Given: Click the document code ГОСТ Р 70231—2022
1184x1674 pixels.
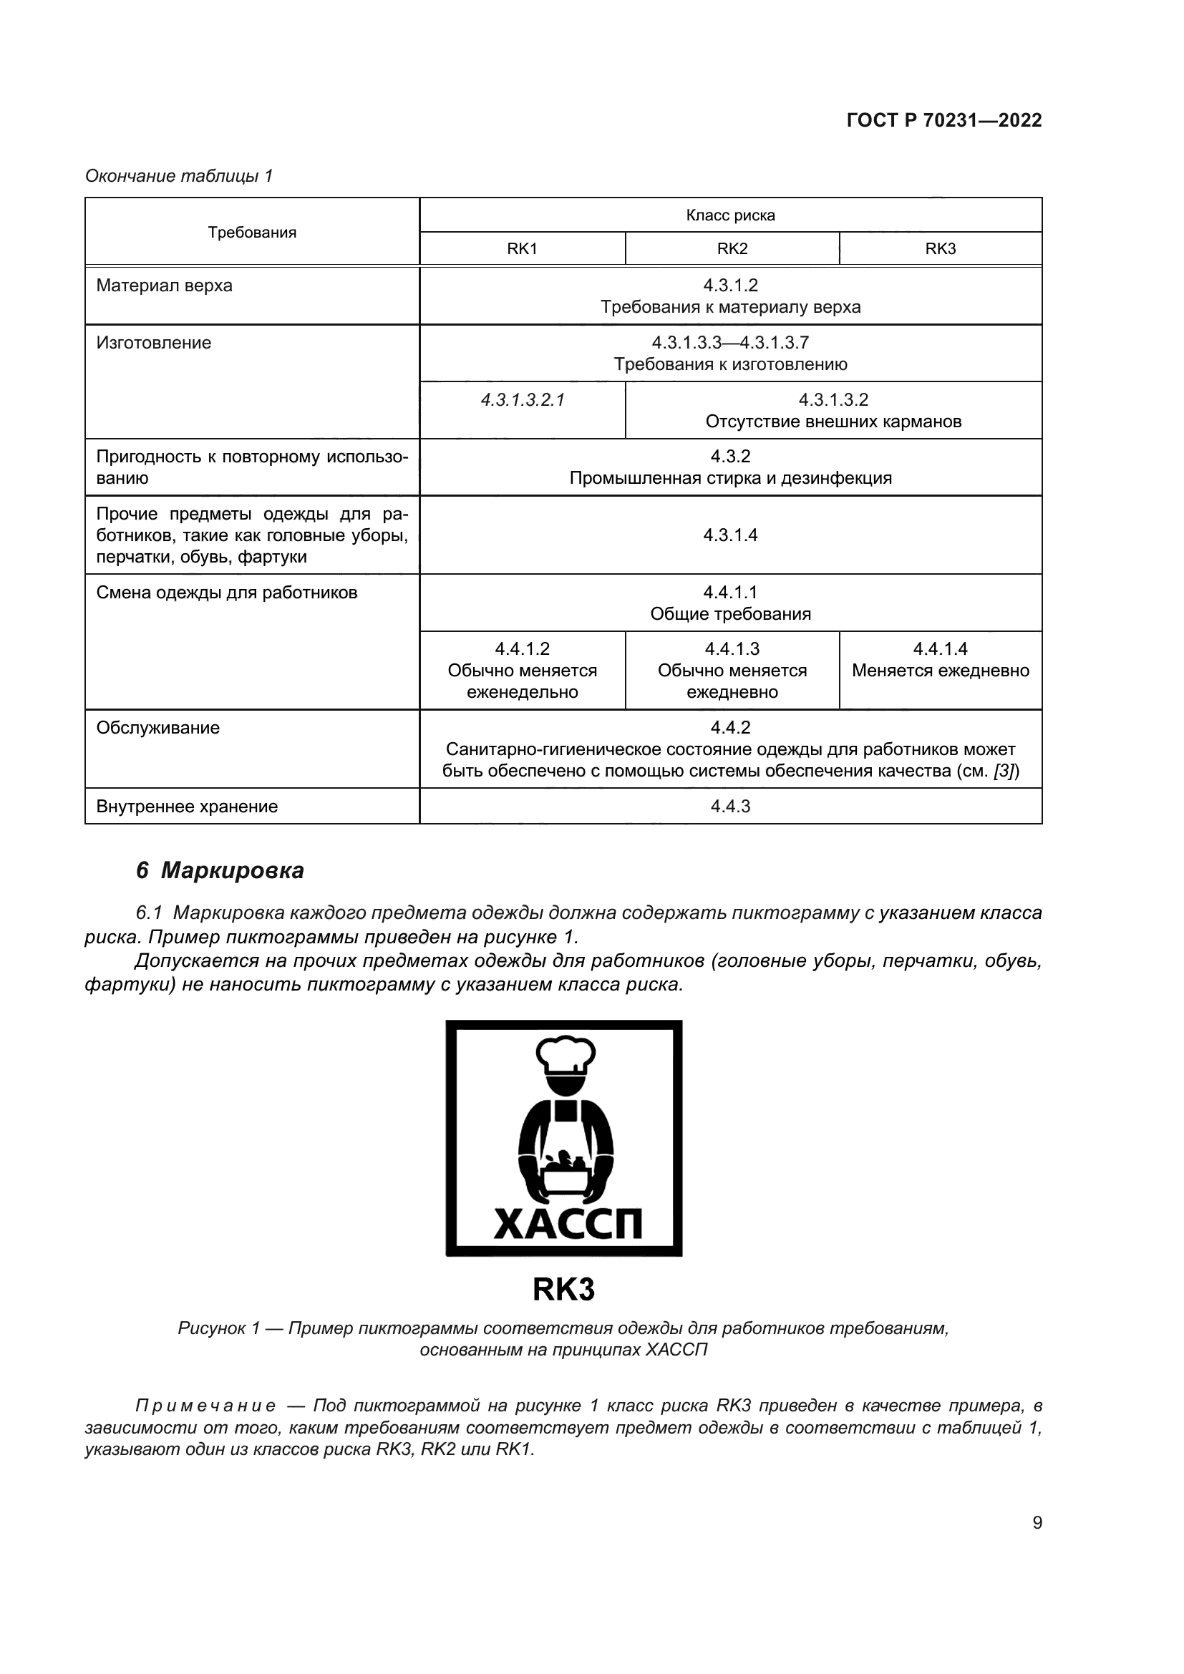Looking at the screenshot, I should click(x=943, y=120).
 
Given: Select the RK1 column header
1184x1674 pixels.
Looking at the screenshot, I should click(x=522, y=248).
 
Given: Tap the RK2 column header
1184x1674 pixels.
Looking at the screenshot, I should click(x=732, y=248).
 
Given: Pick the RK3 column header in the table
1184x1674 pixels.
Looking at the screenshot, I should click(x=940, y=248).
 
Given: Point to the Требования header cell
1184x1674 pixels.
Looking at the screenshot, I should click(x=251, y=233).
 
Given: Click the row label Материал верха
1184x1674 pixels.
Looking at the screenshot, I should click(x=164, y=286).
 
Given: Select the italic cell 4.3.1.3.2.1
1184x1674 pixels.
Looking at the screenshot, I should click(x=522, y=399).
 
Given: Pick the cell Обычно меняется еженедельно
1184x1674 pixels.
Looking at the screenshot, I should click(x=522, y=671).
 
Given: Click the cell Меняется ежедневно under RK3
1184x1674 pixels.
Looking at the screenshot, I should click(x=940, y=670).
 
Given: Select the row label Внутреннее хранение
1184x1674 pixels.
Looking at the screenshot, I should click(x=187, y=807).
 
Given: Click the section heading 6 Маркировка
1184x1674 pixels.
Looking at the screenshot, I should click(x=220, y=870).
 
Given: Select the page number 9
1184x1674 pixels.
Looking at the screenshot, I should click(x=1037, y=1522).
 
